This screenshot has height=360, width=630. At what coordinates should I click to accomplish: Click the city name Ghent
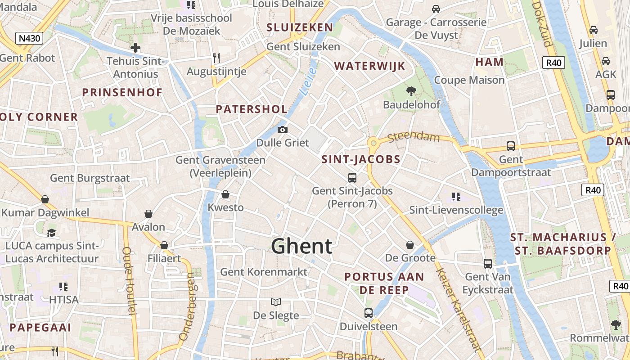tap(301, 246)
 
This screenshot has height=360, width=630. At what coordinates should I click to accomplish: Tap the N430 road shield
tap(29, 38)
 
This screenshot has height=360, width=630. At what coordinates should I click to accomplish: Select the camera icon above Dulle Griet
tap(283, 130)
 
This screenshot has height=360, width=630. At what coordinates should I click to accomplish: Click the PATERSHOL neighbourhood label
tap(252, 109)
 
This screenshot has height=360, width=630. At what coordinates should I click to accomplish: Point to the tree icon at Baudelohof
tap(411, 92)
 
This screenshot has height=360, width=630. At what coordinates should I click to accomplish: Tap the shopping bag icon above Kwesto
tap(225, 194)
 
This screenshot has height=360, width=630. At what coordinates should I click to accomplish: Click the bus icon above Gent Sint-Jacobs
tap(352, 178)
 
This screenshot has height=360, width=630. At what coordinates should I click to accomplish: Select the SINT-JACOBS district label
tap(361, 159)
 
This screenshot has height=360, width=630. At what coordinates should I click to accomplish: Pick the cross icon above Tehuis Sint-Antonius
tap(135, 48)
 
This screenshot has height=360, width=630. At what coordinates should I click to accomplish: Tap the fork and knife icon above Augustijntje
tap(216, 58)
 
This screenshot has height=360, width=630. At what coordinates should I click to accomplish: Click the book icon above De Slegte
tap(275, 302)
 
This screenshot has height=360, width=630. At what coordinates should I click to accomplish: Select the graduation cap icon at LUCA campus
tap(52, 233)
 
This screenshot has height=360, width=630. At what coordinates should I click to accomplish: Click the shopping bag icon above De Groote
tap(410, 245)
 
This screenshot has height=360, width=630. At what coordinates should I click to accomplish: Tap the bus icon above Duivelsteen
tap(368, 313)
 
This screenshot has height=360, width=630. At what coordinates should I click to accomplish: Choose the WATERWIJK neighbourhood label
tap(369, 66)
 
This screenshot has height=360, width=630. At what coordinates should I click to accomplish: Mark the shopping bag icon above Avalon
tap(148, 214)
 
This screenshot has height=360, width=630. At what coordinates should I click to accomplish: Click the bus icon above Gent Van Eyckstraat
tap(488, 264)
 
